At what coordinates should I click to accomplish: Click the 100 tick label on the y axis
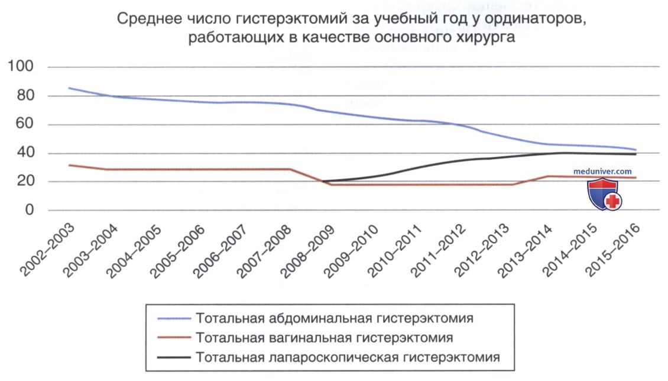click(x=21, y=66)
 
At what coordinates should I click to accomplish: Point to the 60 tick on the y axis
click(x=25, y=124)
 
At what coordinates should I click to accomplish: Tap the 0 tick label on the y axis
click(x=30, y=209)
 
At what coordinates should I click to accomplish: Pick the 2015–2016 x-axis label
click(x=612, y=250)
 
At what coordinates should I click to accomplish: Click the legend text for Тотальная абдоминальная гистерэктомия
click(x=335, y=318)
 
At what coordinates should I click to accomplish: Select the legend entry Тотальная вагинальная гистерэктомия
click(x=324, y=338)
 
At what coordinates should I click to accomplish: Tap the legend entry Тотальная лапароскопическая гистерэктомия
click(x=348, y=357)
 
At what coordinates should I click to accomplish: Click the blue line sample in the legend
click(x=174, y=318)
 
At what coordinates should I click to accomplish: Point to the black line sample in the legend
click(x=174, y=357)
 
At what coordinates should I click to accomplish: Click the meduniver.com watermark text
click(x=602, y=172)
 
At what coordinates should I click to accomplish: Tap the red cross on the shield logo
click(x=613, y=201)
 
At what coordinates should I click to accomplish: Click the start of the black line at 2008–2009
click(x=323, y=182)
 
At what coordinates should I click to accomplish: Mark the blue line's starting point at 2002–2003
click(x=69, y=88)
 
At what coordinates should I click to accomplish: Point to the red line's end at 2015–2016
click(x=636, y=177)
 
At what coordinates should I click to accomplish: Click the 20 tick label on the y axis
click(x=25, y=181)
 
